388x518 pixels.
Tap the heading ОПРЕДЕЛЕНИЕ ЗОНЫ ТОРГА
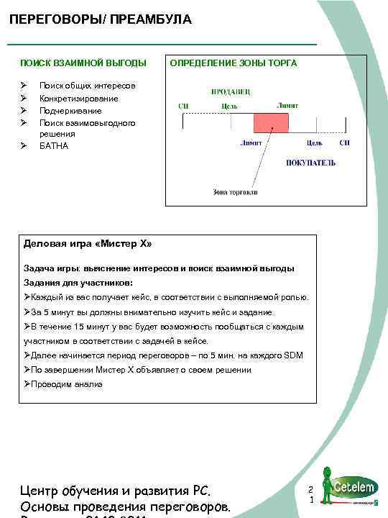tap(233, 63)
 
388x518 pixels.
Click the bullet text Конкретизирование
tap(79, 98)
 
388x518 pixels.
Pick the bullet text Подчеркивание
tap(70, 111)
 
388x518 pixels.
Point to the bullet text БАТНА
tap(54, 146)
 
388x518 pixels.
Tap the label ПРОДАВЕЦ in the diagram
tap(231, 92)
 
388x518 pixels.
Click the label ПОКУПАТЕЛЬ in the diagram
tap(310, 163)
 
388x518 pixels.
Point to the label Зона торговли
tap(235, 192)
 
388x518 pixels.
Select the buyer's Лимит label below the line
tap(251, 142)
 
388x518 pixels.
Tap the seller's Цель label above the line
tap(230, 106)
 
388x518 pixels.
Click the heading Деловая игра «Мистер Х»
tap(88, 244)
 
